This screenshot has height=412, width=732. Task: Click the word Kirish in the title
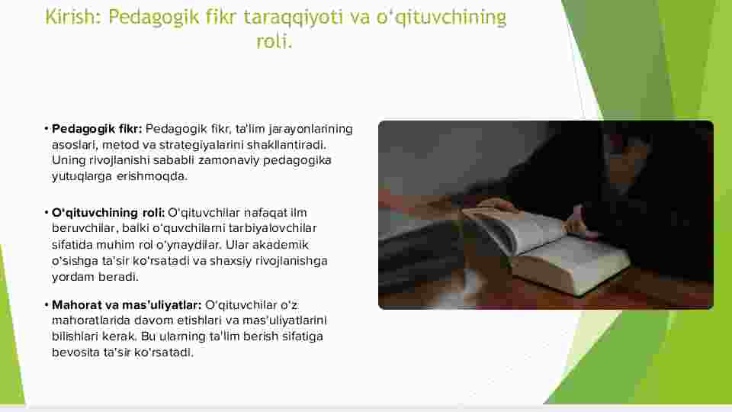[x=70, y=18]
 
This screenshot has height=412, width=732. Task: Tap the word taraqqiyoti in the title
[x=293, y=18]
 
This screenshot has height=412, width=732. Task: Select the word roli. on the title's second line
[x=274, y=41]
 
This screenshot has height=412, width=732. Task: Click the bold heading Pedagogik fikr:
[x=97, y=130]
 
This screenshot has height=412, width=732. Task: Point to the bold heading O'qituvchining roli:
[x=108, y=213]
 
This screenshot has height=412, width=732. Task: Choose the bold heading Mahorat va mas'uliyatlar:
[x=127, y=305]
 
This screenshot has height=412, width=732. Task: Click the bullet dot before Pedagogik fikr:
[x=47, y=128]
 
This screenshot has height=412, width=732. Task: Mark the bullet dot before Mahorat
[x=47, y=305]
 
